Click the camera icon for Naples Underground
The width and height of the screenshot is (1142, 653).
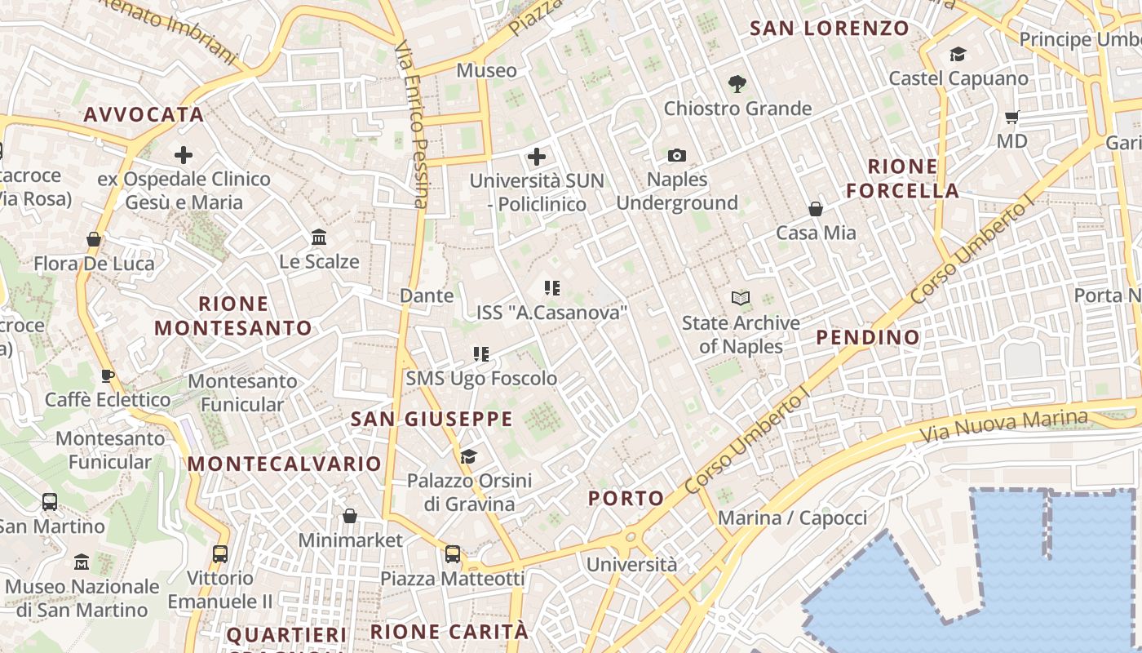(x=676, y=155)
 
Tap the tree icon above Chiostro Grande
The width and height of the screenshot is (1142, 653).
(x=737, y=83)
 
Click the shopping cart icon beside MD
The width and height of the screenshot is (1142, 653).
(x=1012, y=117)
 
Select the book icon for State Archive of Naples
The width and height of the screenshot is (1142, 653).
(x=741, y=298)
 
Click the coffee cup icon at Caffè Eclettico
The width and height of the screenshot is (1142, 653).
(x=107, y=375)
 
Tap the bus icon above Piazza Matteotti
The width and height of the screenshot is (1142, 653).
(x=453, y=554)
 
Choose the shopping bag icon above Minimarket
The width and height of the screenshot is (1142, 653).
(x=350, y=516)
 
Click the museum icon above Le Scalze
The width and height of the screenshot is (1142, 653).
(x=319, y=238)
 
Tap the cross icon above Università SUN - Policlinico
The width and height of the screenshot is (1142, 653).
(x=537, y=156)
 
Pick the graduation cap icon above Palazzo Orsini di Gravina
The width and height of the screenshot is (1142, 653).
(x=468, y=456)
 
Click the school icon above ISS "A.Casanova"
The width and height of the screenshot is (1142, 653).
(x=552, y=288)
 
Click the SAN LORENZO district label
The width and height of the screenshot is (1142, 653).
(x=829, y=28)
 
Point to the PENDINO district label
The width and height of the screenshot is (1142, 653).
(x=868, y=337)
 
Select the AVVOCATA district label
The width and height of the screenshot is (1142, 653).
(x=144, y=114)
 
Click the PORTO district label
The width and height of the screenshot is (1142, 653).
(x=626, y=498)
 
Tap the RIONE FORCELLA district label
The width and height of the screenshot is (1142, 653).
(x=902, y=179)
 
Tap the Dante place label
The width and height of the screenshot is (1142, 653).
(x=426, y=295)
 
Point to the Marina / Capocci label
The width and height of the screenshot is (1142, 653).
(x=792, y=518)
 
